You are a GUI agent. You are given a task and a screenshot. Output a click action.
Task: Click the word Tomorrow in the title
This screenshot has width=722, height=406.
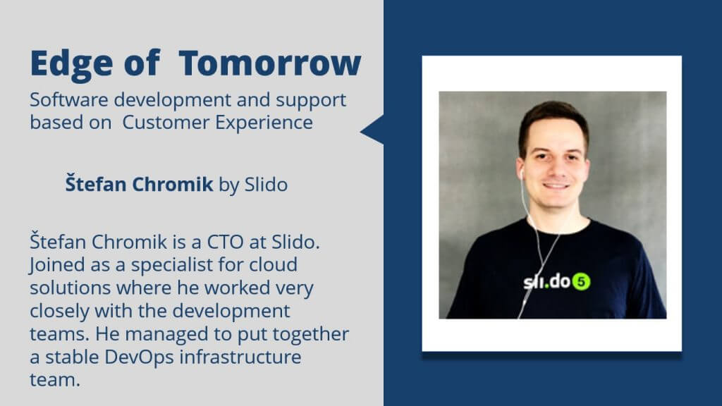point(270,63)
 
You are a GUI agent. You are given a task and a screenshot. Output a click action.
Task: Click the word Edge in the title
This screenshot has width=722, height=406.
point(71,64)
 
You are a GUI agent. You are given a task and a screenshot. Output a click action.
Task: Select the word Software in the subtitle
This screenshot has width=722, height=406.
point(69,99)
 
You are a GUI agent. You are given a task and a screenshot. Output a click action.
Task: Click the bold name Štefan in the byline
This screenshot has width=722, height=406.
point(96,183)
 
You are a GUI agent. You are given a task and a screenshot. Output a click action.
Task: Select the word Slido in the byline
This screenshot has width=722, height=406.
point(266,184)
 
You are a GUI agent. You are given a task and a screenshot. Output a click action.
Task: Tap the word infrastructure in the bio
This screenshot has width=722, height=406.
point(240,357)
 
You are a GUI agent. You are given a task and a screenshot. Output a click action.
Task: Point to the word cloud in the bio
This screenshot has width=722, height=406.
point(274,265)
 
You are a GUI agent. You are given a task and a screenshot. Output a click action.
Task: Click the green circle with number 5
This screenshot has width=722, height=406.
point(581,282)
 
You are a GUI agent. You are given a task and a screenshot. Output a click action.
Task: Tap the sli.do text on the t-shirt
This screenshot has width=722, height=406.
point(547,281)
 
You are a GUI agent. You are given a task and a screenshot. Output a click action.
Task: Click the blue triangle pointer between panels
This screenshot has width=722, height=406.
point(372,130)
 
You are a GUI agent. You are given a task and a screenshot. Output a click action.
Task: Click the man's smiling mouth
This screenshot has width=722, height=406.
point(556,186)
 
